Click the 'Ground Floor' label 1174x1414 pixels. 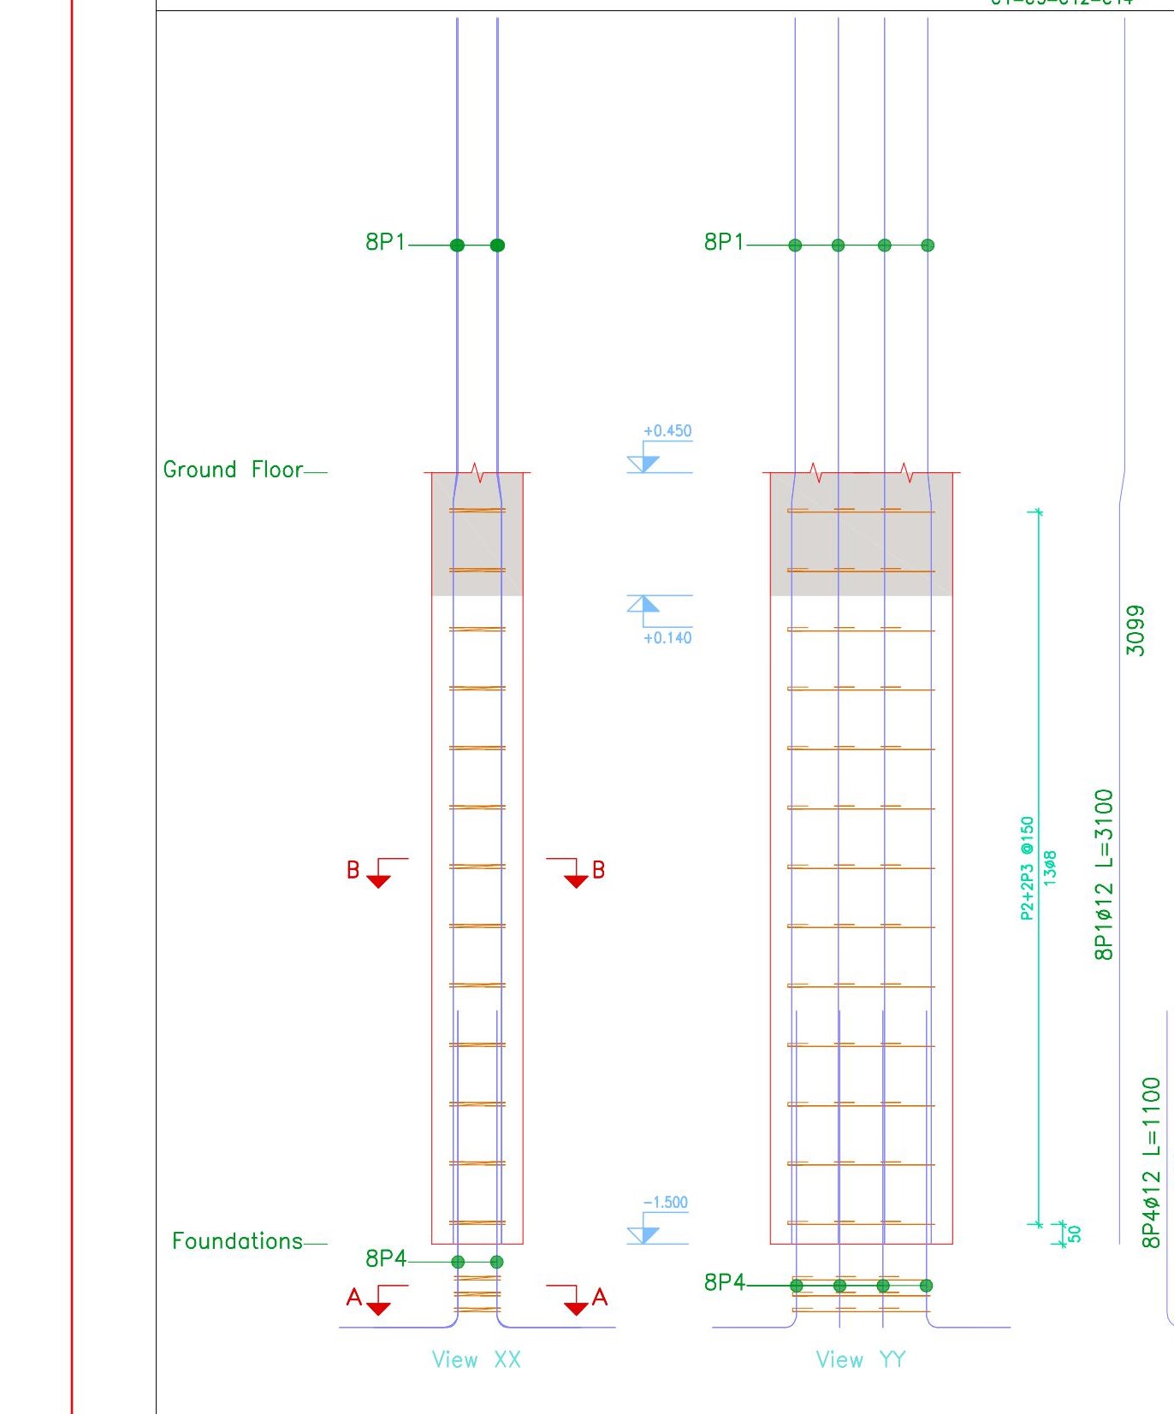pyautogui.click(x=233, y=470)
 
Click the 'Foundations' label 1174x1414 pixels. pyautogui.click(x=237, y=1241)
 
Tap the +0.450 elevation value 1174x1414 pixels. pyautogui.click(x=667, y=431)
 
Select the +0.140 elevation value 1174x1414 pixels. pyautogui.click(x=667, y=638)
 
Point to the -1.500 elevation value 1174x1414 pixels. pyautogui.click(x=666, y=1203)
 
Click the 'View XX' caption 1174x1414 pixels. pyautogui.click(x=476, y=1360)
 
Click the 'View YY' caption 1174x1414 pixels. pyautogui.click(x=860, y=1360)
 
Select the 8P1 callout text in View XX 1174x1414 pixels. pyautogui.click(x=385, y=242)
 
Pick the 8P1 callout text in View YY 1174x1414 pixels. pyautogui.click(x=724, y=242)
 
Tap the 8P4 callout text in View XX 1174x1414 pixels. pyautogui.click(x=385, y=1259)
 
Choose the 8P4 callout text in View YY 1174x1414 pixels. pyautogui.click(x=724, y=1282)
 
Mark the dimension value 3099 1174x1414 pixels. pyautogui.click(x=1135, y=630)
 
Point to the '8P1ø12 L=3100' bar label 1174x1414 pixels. pyautogui.click(x=1105, y=874)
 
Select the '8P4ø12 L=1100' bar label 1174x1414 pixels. pyautogui.click(x=1152, y=1162)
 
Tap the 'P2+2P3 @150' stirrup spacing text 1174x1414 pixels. pyautogui.click(x=1027, y=868)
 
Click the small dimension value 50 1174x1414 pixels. pyautogui.click(x=1075, y=1234)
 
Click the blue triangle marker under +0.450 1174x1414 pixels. pyautogui.click(x=644, y=464)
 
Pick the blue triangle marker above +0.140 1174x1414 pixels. pyautogui.click(x=643, y=604)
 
